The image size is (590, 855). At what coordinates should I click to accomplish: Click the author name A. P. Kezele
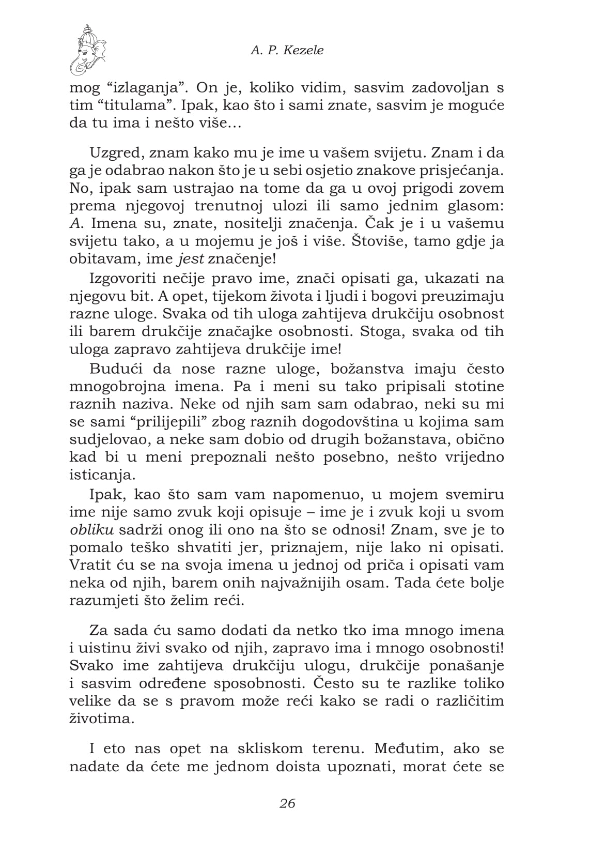287,50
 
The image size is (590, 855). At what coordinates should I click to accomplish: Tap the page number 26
287,803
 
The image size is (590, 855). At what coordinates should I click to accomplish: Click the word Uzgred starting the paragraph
115,153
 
